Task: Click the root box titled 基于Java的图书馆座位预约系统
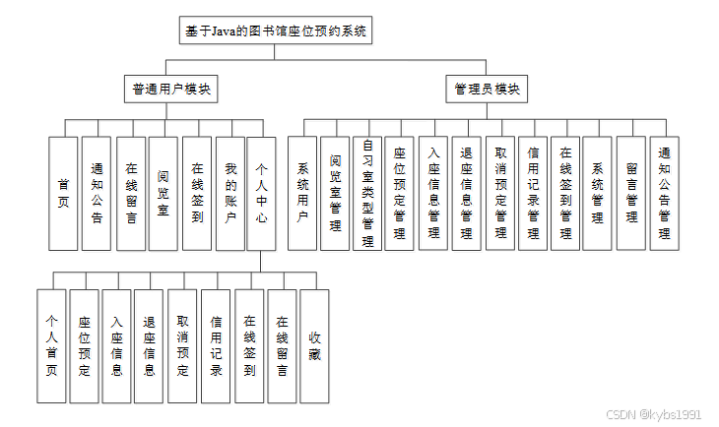(x=276, y=31)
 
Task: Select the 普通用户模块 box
(x=171, y=89)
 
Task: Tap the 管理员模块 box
(x=488, y=89)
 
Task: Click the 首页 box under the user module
(x=63, y=193)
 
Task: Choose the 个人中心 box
(x=261, y=193)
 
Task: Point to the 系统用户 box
(x=302, y=193)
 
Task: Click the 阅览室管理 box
(x=336, y=193)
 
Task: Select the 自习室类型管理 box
(x=367, y=193)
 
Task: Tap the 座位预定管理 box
(x=400, y=193)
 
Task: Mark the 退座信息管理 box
(x=466, y=193)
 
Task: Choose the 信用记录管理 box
(x=533, y=193)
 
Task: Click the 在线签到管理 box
(x=565, y=193)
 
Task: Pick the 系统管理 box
(x=598, y=193)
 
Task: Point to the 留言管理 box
(x=631, y=193)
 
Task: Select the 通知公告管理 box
(x=665, y=193)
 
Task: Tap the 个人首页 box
(x=51, y=345)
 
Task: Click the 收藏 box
(x=314, y=345)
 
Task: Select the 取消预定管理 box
(x=499, y=193)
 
